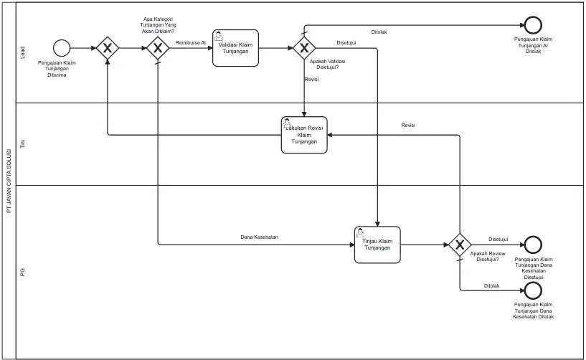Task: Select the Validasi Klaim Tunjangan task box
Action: (235, 48)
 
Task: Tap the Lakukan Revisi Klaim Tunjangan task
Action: (304, 135)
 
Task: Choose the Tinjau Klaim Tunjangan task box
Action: (377, 245)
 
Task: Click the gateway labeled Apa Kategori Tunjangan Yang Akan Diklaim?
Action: (158, 48)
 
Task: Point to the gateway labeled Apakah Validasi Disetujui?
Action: (304, 48)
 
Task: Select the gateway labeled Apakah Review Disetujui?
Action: (460, 245)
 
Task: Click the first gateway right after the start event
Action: (108, 48)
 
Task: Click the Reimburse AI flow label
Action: (191, 43)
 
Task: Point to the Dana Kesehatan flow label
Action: (259, 237)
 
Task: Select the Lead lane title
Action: (22, 52)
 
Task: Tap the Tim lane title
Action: (22, 144)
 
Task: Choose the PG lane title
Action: (22, 272)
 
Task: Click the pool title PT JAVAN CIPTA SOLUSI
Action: (9, 181)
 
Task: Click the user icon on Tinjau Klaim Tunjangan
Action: (360, 232)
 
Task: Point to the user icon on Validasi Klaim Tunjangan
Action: (219, 36)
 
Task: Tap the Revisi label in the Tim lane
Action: (407, 125)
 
